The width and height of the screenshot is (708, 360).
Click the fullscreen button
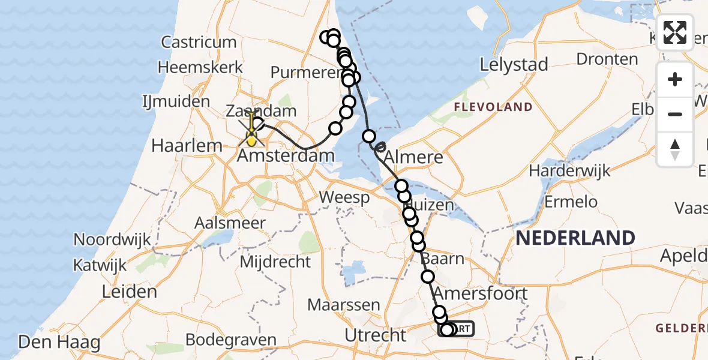pyautogui.click(x=675, y=32)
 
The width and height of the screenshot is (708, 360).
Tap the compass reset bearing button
pyautogui.click(x=675, y=148)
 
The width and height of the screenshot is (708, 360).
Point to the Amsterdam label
pyautogui.click(x=286, y=157)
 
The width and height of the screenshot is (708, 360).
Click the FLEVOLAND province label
pyautogui.click(x=493, y=107)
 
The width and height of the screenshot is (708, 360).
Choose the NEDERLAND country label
pyautogui.click(x=575, y=238)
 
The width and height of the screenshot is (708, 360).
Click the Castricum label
pyautogui.click(x=199, y=42)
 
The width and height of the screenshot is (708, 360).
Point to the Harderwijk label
pyautogui.click(x=569, y=170)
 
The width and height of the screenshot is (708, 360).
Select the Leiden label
pyautogui.click(x=130, y=292)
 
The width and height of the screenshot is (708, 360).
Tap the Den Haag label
pyautogui.click(x=51, y=343)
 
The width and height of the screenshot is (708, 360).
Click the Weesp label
pyautogui.click(x=344, y=197)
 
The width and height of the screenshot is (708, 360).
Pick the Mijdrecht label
pyautogui.click(x=275, y=262)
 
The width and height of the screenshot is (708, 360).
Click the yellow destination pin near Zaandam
pyautogui.click(x=251, y=140)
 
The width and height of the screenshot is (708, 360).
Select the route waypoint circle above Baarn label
pyautogui.click(x=419, y=245)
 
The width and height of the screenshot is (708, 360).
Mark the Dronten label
pyautogui.click(x=607, y=59)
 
